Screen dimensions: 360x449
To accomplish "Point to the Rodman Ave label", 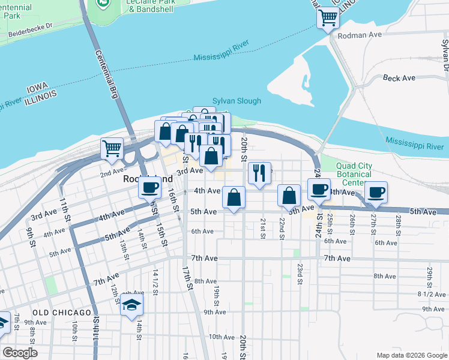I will pos(360,35).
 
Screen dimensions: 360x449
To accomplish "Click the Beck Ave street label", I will pos(399,78).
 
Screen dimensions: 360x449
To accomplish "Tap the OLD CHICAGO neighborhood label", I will pos(62,313).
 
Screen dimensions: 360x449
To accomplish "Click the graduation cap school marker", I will pos(131,305).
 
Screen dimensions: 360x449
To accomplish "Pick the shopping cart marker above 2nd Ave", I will pos(112,149).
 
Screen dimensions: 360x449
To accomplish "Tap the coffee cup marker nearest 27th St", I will pos(376,192).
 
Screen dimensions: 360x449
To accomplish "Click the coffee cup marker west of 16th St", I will pos(149,187).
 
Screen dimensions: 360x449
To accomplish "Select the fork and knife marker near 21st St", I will pos(259,173).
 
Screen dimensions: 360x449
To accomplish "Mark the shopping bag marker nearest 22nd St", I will pos(289,195).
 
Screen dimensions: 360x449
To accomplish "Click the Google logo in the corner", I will pos(20,353).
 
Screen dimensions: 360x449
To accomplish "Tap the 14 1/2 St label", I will pos(155,282).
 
